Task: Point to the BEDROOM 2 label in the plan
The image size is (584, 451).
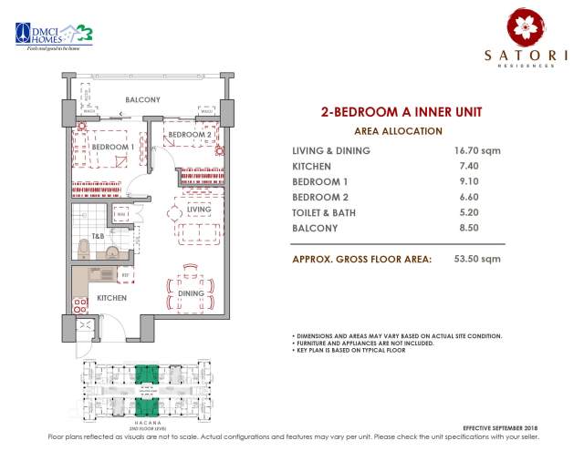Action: pyautogui.click(x=191, y=135)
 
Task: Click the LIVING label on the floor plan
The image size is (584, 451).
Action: pyautogui.click(x=199, y=210)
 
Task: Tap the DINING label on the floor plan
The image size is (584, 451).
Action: pyautogui.click(x=190, y=293)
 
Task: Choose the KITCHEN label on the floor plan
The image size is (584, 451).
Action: pyautogui.click(x=111, y=298)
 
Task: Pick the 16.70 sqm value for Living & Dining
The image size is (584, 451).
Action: pyautogui.click(x=477, y=150)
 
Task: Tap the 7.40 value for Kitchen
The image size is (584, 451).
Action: pyautogui.click(x=464, y=167)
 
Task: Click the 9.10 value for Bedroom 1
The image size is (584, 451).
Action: pyautogui.click(x=464, y=182)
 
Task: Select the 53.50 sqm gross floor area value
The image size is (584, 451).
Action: pyautogui.click(x=477, y=259)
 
